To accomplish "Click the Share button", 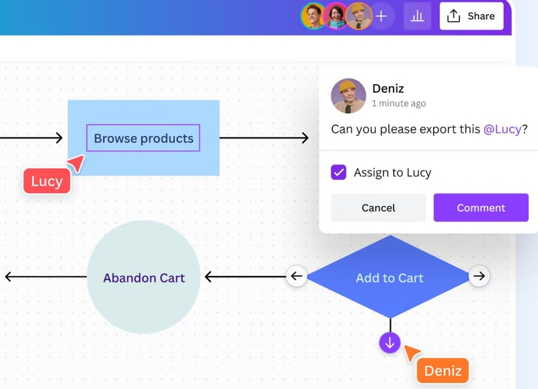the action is [x=471, y=16].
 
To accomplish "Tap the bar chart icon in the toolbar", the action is [x=417, y=16].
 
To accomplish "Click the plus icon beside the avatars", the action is [x=381, y=16].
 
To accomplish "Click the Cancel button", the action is [x=378, y=208].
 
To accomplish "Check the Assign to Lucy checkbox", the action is [x=339, y=172].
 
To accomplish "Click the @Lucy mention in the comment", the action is [x=502, y=129].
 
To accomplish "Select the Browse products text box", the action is [x=143, y=138].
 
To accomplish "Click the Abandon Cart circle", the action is [x=144, y=277].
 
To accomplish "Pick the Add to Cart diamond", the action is [x=389, y=277].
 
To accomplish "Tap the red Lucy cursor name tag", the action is [x=47, y=181].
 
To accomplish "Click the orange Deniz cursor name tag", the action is [x=443, y=370].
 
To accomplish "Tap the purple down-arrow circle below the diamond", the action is [x=390, y=343].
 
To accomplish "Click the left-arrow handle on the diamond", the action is [x=297, y=276].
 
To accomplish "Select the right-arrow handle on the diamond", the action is [x=479, y=276].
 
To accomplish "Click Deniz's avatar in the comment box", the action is [x=348, y=96].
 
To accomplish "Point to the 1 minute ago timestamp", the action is [x=399, y=104].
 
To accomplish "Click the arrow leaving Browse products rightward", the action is [x=264, y=138].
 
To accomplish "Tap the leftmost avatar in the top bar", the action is [x=313, y=16].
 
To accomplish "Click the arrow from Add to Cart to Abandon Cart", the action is [x=245, y=277].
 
